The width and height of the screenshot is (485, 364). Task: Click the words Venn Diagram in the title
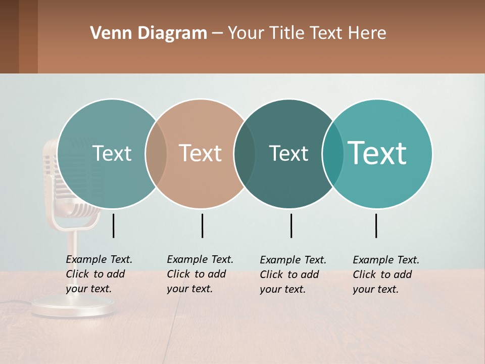[149, 33]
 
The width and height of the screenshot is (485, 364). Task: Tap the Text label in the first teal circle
[112, 153]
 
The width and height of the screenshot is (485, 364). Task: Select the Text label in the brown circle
[200, 153]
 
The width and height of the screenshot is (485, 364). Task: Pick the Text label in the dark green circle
[288, 153]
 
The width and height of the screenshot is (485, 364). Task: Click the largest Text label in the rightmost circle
[377, 153]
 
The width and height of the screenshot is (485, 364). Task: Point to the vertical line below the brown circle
[202, 225]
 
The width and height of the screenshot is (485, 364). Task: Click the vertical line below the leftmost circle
[114, 225]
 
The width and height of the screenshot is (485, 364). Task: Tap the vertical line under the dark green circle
[291, 225]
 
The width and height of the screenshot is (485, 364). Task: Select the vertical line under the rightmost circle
[376, 225]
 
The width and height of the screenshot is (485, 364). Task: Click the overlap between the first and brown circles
[156, 154]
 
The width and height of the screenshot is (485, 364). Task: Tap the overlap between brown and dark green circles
[245, 154]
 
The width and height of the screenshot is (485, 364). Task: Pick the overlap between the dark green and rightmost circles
[333, 154]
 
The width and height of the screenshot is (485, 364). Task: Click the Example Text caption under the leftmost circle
[99, 274]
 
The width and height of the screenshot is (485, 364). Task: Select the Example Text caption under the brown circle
[200, 274]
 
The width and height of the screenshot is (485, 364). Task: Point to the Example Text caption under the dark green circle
[293, 275]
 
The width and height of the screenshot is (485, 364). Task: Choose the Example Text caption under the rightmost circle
[385, 275]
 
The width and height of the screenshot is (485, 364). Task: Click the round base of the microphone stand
[73, 307]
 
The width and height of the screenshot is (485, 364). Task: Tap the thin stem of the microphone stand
[73, 263]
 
